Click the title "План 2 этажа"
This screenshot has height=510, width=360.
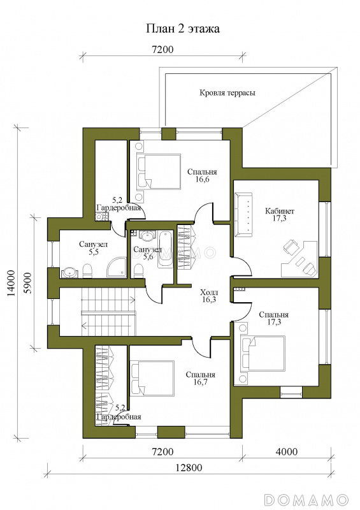(182, 29)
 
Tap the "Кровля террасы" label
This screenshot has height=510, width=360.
(227, 92)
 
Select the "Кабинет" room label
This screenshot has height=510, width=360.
(279, 211)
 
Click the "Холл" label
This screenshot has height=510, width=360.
(209, 292)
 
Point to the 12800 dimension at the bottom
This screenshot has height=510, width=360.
(189, 467)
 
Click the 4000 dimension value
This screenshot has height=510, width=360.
(286, 451)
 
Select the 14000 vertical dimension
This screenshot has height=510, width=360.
(11, 283)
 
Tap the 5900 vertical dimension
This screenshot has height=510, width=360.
(28, 283)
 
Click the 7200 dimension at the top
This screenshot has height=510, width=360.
(162, 50)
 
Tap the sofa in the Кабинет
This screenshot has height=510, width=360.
(243, 212)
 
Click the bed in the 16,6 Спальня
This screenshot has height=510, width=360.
(159, 171)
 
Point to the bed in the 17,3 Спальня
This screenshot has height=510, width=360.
(263, 353)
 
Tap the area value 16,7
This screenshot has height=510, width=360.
(200, 382)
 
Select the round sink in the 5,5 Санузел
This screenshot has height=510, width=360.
(69, 273)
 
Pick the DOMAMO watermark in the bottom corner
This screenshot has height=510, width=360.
(307, 499)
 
